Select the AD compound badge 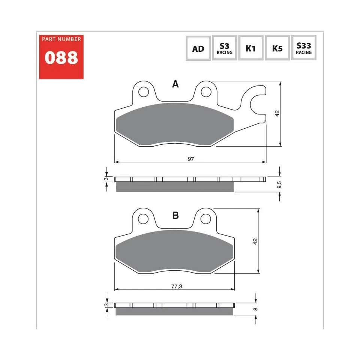[198, 49]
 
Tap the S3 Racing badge [224, 48]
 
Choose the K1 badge [250, 49]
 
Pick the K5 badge [277, 49]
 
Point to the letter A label [175, 84]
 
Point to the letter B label [175, 216]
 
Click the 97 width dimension [190, 159]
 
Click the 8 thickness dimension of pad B [255, 309]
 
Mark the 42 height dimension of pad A [277, 114]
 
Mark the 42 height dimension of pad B [255, 241]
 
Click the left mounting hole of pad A [142, 91]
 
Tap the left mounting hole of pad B [142, 219]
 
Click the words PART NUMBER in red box [61, 39]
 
